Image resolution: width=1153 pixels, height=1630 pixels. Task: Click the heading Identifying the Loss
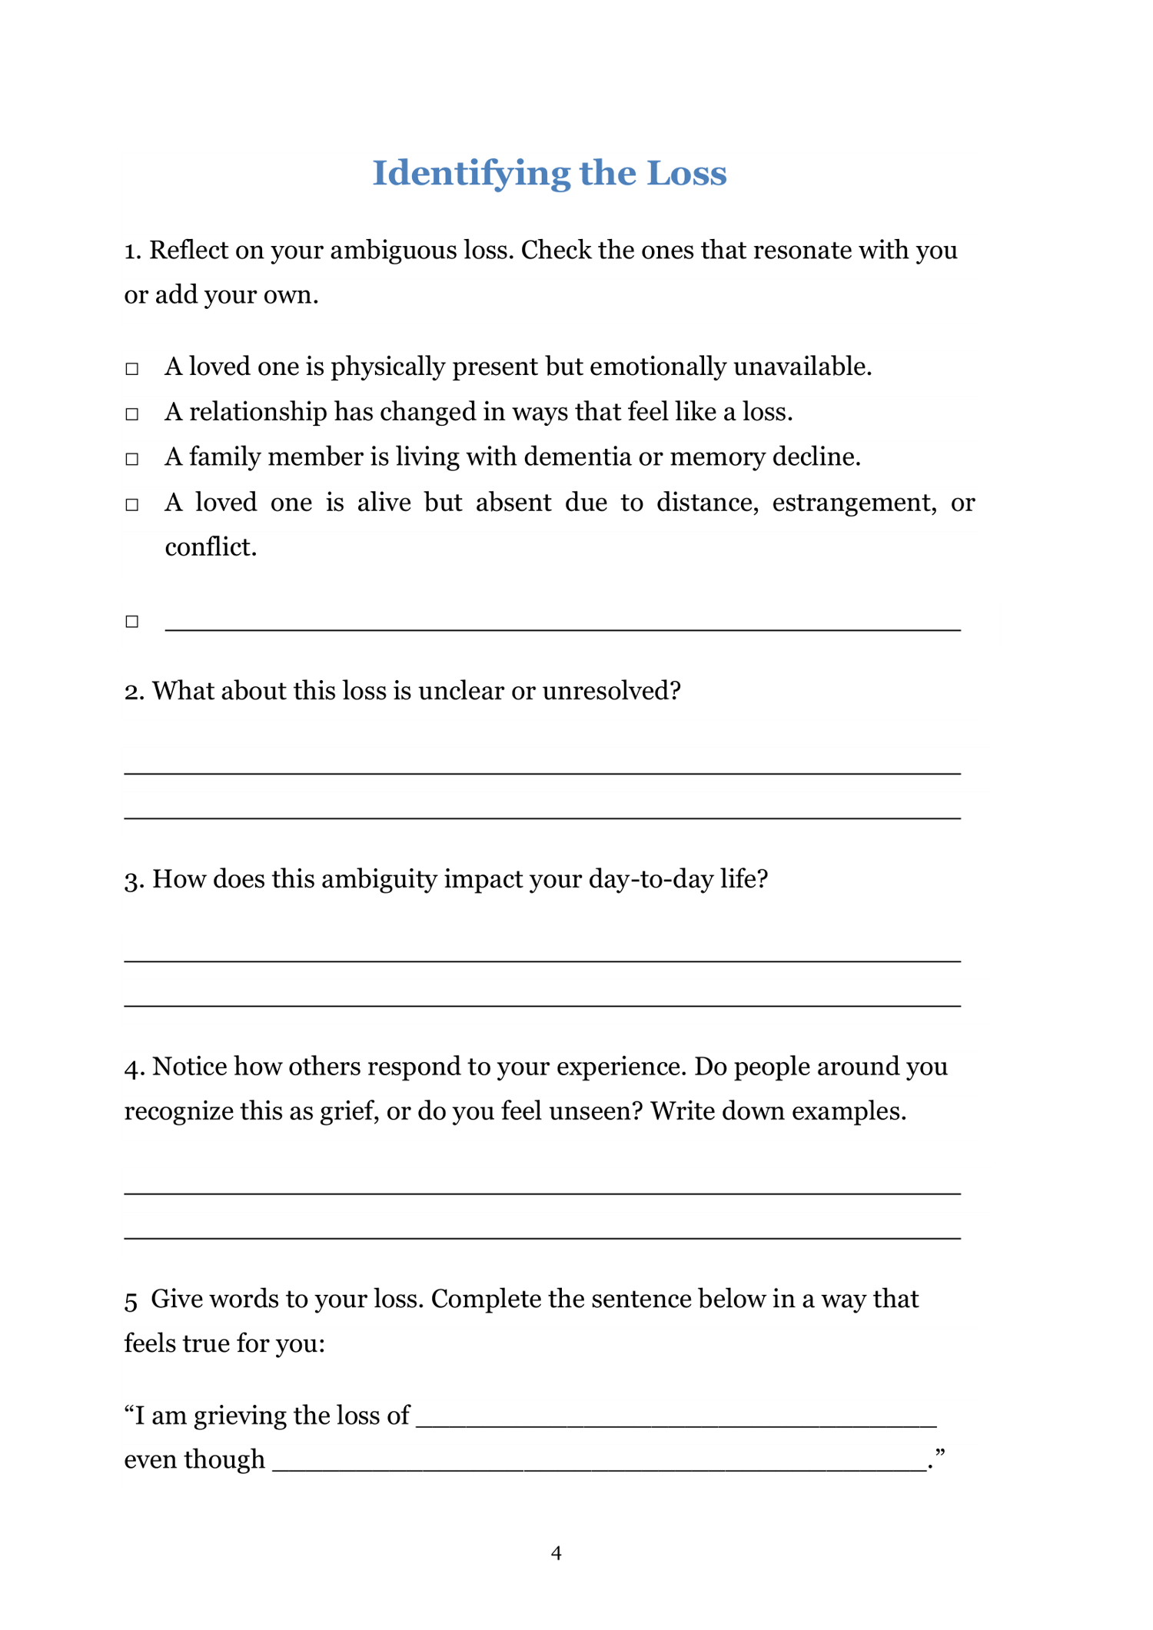coord(549,173)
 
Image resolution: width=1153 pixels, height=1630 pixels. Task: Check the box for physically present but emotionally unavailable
coord(132,369)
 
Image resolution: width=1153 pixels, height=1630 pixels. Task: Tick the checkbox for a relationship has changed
coord(132,414)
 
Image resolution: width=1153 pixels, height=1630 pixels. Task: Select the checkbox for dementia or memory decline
coord(132,459)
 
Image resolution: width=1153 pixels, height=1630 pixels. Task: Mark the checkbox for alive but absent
coord(132,504)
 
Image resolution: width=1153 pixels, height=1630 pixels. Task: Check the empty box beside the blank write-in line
coord(132,621)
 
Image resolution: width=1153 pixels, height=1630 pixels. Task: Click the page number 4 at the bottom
coord(557,1553)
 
